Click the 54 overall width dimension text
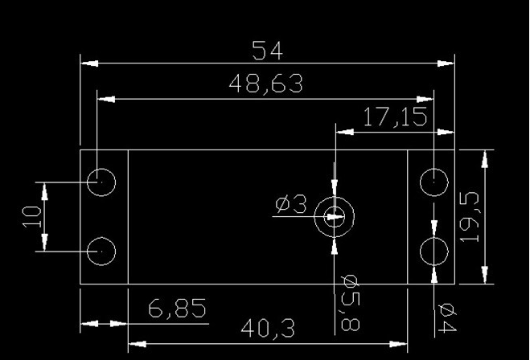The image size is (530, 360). (x=267, y=51)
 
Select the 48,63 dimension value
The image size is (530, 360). (x=266, y=84)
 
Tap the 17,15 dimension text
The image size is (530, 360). (x=395, y=117)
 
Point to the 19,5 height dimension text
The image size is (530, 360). (x=470, y=217)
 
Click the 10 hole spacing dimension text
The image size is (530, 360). (x=32, y=217)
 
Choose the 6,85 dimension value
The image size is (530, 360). (x=177, y=308)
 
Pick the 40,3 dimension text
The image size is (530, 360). (x=268, y=328)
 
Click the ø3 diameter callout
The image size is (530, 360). (x=291, y=204)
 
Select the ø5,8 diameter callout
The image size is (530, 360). (x=350, y=303)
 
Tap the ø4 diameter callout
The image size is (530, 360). (x=447, y=318)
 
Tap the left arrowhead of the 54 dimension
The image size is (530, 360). (x=89, y=63)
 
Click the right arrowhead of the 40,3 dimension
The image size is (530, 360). (x=398, y=344)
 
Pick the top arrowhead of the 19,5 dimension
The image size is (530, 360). (x=485, y=159)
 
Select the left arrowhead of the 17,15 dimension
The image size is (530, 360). (x=344, y=132)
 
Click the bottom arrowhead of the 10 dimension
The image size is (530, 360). (x=44, y=242)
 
